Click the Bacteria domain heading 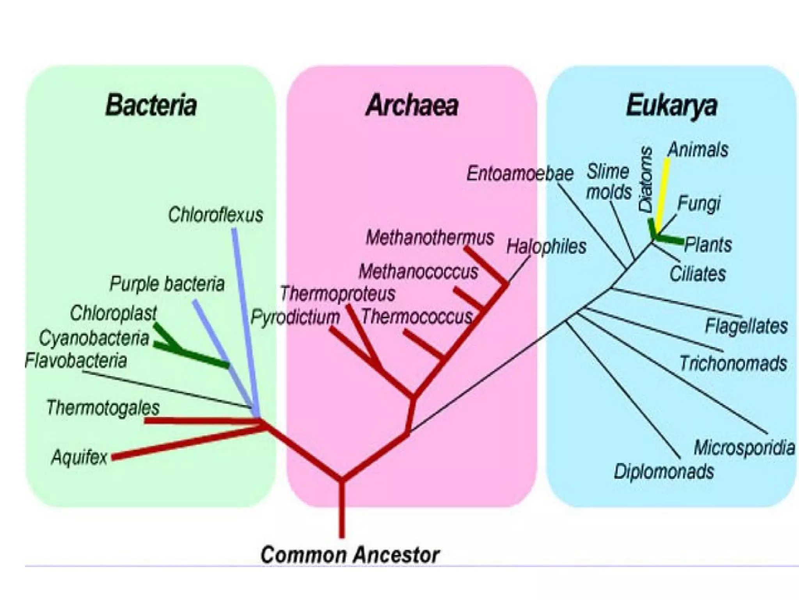[x=151, y=105]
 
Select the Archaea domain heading [x=412, y=105]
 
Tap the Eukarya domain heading [x=671, y=105]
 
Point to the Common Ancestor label [x=350, y=555]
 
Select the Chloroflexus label [x=215, y=215]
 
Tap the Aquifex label [x=79, y=457]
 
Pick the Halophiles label [x=546, y=246]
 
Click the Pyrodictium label [x=295, y=317]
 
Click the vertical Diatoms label [x=646, y=179]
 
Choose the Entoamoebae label [x=520, y=173]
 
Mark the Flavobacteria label [x=76, y=361]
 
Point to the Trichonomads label [x=733, y=363]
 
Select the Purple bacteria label [x=167, y=284]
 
